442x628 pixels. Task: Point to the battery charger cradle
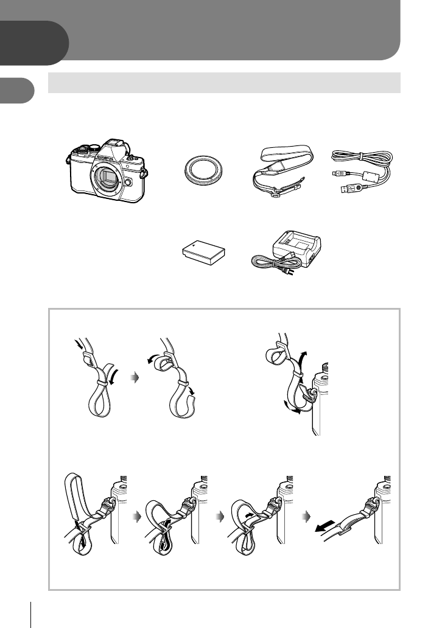click(x=296, y=248)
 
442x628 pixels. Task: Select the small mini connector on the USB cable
click(x=337, y=174)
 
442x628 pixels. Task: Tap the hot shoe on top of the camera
click(x=113, y=144)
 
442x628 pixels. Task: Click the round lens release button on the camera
click(x=127, y=182)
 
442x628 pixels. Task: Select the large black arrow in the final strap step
click(x=325, y=526)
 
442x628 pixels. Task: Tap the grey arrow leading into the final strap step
click(x=307, y=517)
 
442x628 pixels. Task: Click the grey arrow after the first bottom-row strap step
click(x=138, y=517)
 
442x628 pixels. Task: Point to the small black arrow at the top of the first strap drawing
click(x=78, y=344)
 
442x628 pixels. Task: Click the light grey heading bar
click(x=224, y=83)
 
